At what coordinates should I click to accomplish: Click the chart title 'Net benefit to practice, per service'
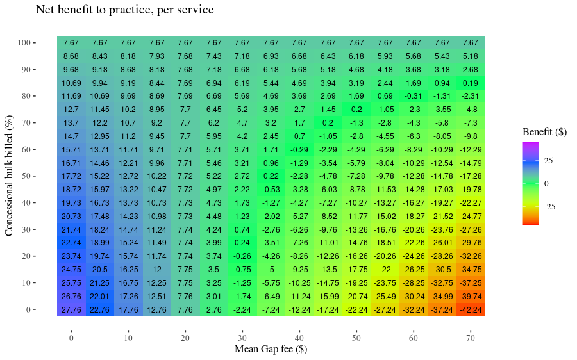tap(124, 10)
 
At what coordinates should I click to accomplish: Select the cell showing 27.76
tap(71, 309)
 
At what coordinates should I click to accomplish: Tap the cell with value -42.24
tap(471, 309)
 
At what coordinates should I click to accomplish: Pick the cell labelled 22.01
tap(99, 296)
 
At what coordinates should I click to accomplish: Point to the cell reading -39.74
tap(471, 296)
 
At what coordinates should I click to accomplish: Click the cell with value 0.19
tap(471, 83)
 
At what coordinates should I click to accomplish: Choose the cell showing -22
tap(385, 270)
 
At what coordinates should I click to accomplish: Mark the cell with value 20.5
tap(99, 270)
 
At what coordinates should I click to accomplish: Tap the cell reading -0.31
tap(414, 96)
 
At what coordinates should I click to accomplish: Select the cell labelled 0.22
tap(271, 176)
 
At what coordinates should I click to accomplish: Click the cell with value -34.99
tap(442, 296)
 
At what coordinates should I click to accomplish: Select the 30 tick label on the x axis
tap(242, 338)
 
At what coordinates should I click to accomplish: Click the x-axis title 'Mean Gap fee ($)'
tap(271, 349)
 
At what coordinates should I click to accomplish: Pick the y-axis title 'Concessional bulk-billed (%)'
tap(10, 176)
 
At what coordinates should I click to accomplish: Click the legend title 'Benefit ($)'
tap(544, 132)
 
